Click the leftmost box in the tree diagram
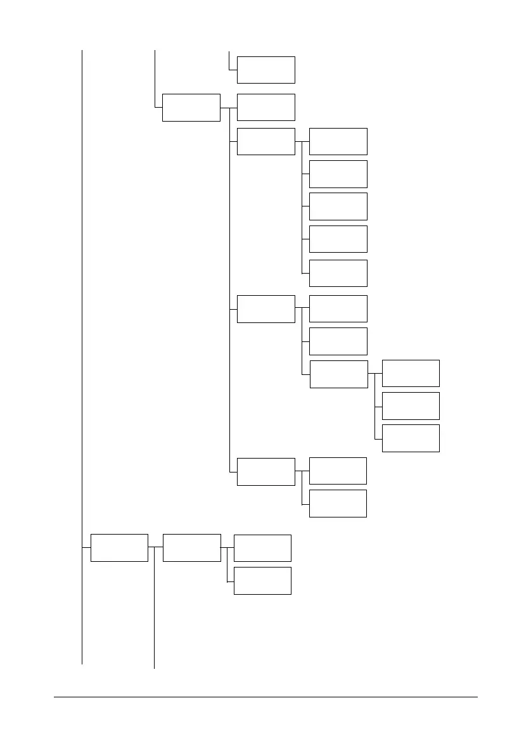[x=119, y=547]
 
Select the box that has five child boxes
[x=265, y=141]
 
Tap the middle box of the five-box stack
[x=338, y=206]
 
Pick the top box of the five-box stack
[x=338, y=141]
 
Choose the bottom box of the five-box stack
[x=338, y=273]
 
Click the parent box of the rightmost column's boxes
[x=338, y=374]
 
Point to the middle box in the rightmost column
[x=411, y=405]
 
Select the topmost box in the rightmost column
[x=411, y=373]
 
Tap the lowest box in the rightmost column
[x=411, y=438]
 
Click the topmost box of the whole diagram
[x=265, y=70]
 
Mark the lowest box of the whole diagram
[x=262, y=580]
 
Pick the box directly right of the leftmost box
[x=191, y=547]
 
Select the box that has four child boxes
[x=191, y=108]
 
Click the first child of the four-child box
[x=265, y=107]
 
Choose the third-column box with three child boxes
[x=265, y=308]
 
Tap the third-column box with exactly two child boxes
[x=265, y=471]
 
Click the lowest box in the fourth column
[x=338, y=503]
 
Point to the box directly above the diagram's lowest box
[x=262, y=548]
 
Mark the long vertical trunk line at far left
[x=82, y=317]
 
